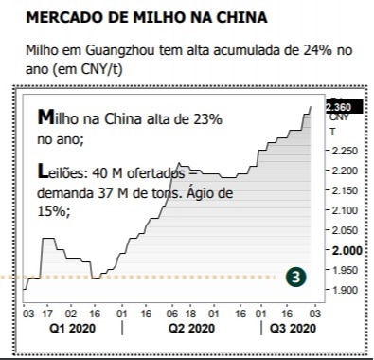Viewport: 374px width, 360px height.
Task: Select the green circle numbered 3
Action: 297,277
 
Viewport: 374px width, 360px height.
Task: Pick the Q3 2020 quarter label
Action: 292,328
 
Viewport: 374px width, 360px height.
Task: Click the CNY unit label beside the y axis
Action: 338,118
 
